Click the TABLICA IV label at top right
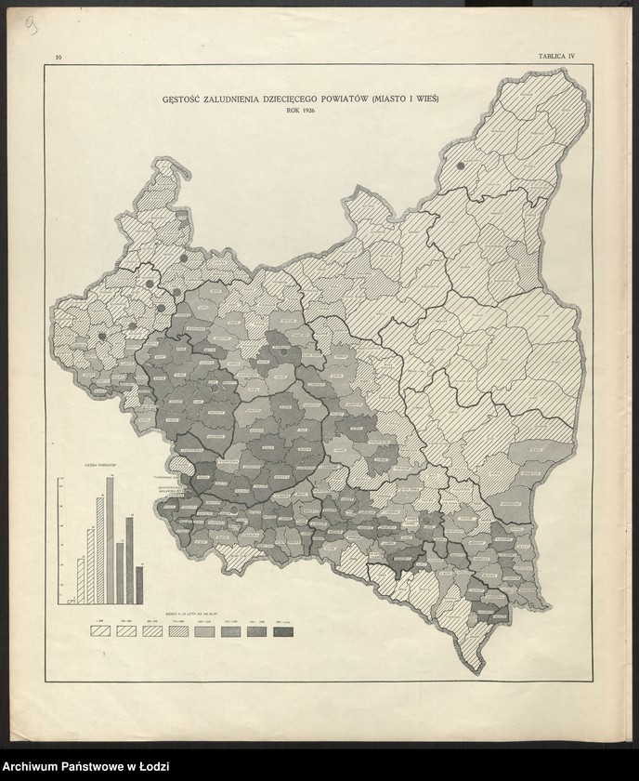click(556, 57)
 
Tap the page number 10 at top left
click(59, 58)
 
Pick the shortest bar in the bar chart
click(71, 601)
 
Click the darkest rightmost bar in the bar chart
click(139, 584)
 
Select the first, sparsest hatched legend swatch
click(98, 631)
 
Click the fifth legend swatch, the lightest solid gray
click(204, 631)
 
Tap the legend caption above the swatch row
click(190, 616)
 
